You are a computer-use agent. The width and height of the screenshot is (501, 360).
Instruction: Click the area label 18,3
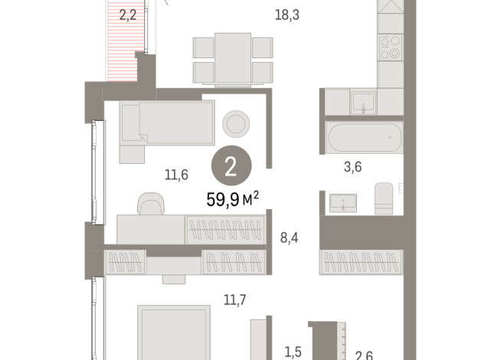point(288,13)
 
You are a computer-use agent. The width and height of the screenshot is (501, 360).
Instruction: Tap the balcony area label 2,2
point(127,12)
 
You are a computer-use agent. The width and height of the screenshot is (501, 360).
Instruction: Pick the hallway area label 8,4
point(289,237)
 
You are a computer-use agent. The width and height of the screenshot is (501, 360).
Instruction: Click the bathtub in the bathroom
point(364,139)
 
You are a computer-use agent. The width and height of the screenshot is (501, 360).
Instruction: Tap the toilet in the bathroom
point(384,198)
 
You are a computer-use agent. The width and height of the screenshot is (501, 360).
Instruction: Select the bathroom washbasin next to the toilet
point(343,203)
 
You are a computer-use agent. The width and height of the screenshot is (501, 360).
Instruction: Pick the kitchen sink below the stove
point(362,101)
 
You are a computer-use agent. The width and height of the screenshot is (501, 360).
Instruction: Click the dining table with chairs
point(233,58)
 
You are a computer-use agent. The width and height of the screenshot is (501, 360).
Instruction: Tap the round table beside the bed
point(234,123)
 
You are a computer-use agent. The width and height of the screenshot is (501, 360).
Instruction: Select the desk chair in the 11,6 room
point(150,204)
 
